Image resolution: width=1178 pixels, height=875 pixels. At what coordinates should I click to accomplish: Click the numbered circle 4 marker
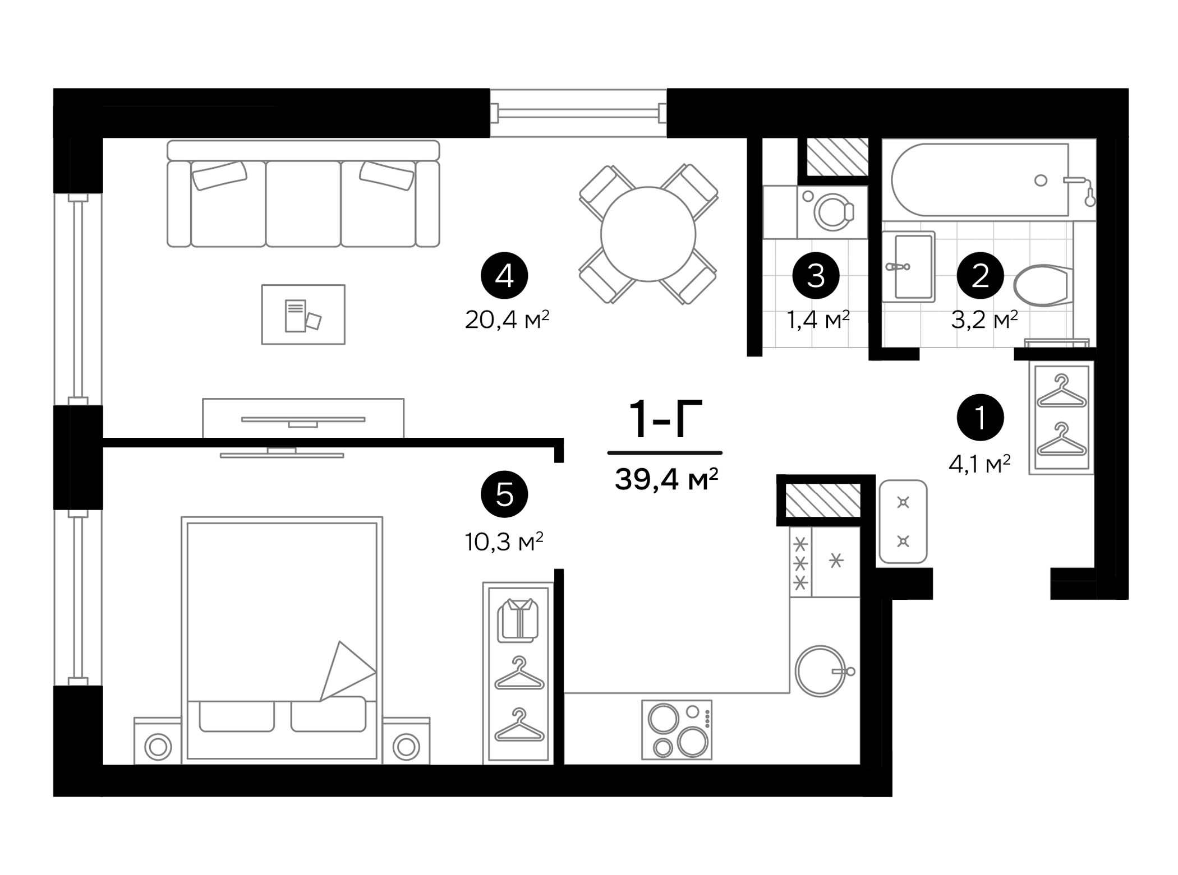tap(504, 275)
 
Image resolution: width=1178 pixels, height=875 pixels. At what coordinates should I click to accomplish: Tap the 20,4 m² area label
tap(507, 320)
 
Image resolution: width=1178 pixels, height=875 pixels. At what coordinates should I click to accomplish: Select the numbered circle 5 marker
tap(504, 494)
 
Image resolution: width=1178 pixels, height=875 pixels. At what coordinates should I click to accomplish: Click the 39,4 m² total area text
tap(666, 479)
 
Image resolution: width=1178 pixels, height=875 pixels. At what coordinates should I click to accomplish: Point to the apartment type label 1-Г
tap(665, 420)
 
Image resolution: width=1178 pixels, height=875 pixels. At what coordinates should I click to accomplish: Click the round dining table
tap(648, 234)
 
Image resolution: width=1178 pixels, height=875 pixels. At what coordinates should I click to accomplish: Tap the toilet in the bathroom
tap(1042, 285)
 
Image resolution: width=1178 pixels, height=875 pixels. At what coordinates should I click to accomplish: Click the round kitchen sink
tap(820, 671)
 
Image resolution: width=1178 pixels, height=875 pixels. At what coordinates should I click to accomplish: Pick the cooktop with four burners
tap(677, 729)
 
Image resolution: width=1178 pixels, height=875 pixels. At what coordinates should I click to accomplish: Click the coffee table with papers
tap(303, 314)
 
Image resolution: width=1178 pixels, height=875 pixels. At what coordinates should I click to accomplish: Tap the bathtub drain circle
tap(1041, 180)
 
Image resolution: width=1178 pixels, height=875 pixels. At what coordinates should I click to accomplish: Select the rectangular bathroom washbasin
tap(908, 267)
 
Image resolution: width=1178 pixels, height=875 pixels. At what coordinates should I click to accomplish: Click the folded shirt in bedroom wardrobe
tap(518, 620)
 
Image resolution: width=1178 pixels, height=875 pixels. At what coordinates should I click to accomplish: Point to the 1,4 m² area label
tap(817, 320)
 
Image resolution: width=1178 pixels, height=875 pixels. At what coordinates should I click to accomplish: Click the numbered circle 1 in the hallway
tap(980, 417)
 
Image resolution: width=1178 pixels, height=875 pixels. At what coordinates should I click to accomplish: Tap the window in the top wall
tap(578, 113)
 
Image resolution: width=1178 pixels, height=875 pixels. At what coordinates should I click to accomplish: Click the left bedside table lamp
tap(158, 747)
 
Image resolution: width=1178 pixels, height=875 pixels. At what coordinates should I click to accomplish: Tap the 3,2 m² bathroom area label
tap(984, 320)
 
